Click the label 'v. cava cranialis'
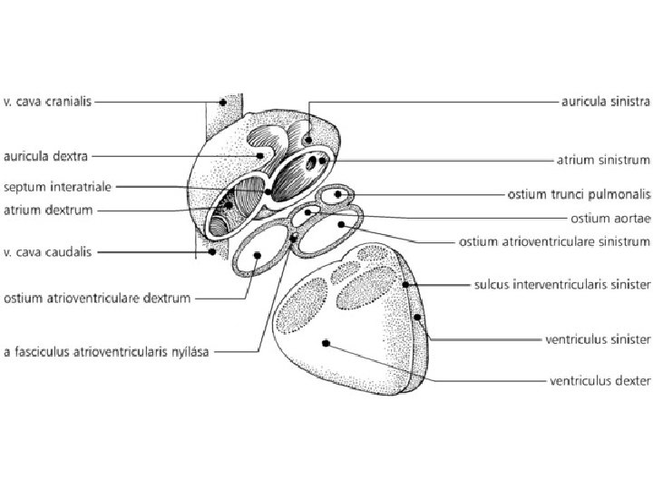pyautogui.click(x=44, y=103)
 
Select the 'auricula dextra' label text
pyautogui.click(x=42, y=156)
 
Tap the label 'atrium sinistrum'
pyautogui.click(x=603, y=161)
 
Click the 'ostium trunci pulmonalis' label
pyautogui.click(x=578, y=194)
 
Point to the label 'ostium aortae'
pyautogui.click(x=610, y=218)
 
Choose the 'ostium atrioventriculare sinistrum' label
pyautogui.click(x=555, y=242)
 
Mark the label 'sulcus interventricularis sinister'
pyautogui.click(x=562, y=285)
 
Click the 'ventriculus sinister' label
pyautogui.click(x=598, y=339)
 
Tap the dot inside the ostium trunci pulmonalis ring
pyautogui.click(x=338, y=194)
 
